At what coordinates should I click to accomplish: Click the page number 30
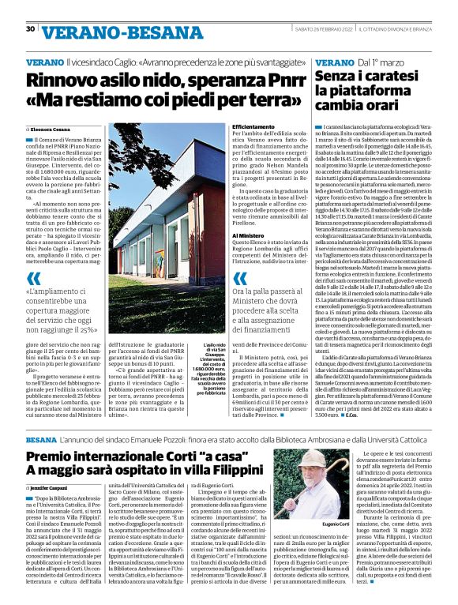pyautogui.click(x=30, y=28)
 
